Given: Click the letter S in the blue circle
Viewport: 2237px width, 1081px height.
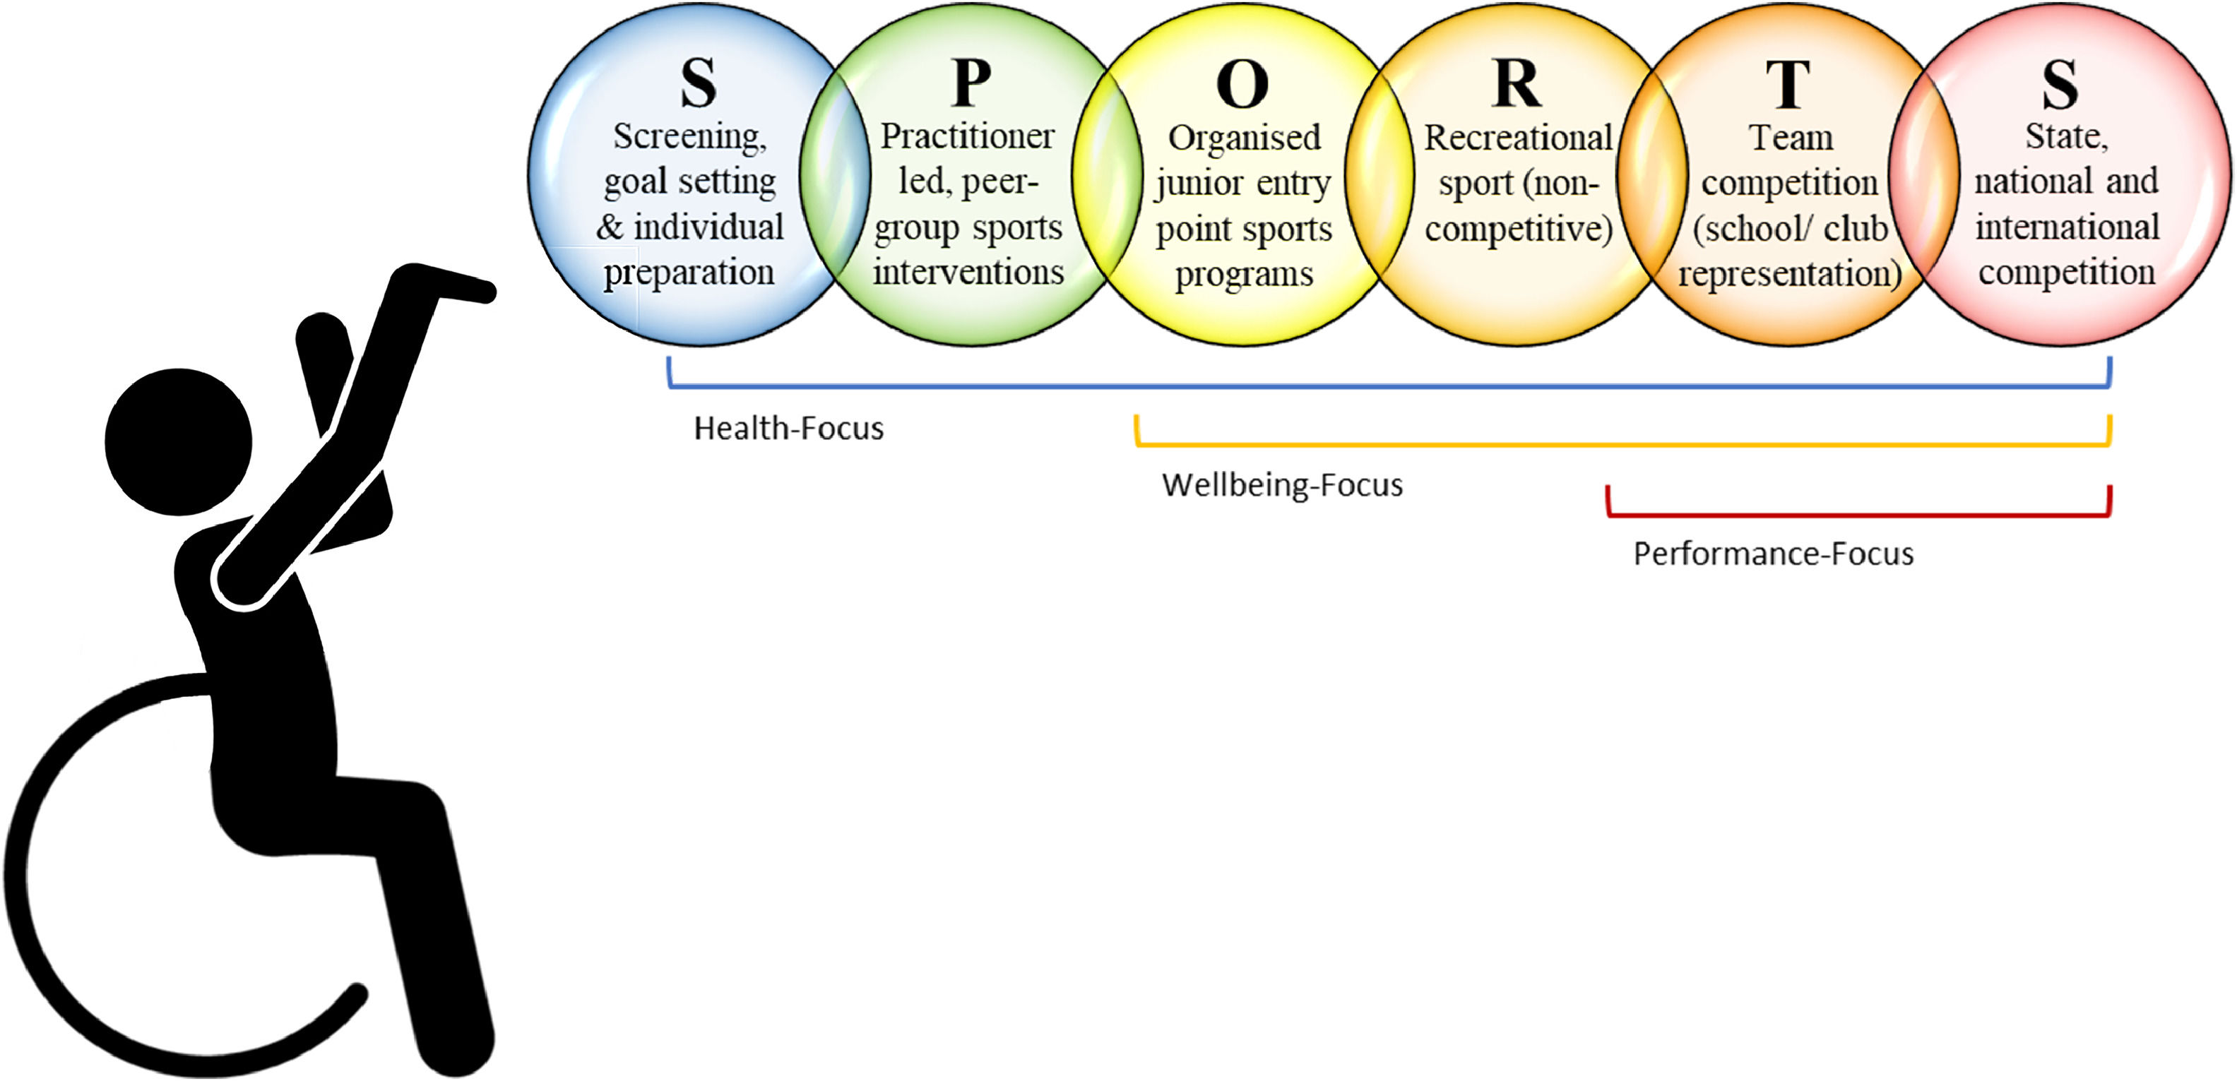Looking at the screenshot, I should [698, 83].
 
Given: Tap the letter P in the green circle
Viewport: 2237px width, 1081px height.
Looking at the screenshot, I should [971, 83].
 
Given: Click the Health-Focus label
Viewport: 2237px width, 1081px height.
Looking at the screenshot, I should [788, 429].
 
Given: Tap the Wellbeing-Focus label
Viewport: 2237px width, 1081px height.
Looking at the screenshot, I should [1282, 485].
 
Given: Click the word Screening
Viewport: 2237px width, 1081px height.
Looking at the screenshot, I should [690, 137].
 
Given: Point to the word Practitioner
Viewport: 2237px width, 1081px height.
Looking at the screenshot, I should [968, 136].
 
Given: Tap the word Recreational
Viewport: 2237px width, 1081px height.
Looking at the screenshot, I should [1518, 137].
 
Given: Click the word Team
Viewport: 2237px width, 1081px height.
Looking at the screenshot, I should [1791, 137].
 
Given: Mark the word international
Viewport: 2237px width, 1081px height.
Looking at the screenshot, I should [2067, 227].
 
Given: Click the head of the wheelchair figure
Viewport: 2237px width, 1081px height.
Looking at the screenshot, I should [179, 442].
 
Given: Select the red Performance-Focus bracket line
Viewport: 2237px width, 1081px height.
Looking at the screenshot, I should [1858, 515].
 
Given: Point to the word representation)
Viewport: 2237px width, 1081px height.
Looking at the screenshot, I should [1790, 273].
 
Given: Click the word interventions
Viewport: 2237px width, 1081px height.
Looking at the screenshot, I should [968, 273].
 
